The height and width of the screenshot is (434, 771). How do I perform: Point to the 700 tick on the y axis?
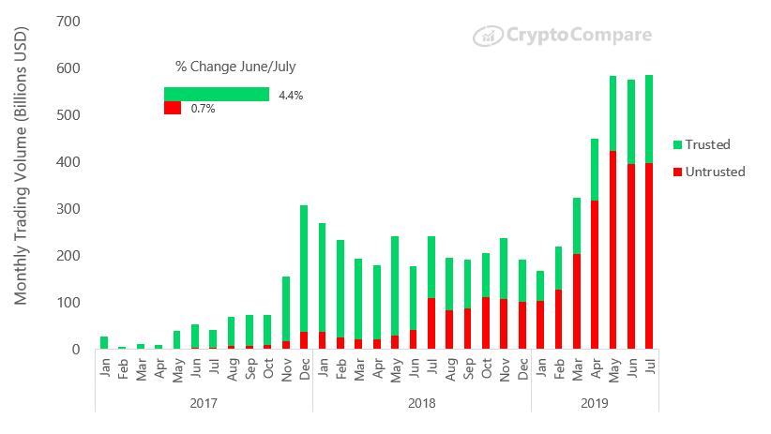pos(68,21)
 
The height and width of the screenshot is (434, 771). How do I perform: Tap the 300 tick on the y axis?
pos(68,208)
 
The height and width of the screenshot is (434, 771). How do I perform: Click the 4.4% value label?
pos(291,95)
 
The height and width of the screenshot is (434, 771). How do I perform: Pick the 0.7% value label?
pos(203,109)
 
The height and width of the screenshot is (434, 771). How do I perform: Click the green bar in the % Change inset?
pos(217,94)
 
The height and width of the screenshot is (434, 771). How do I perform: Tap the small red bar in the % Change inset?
pos(173,108)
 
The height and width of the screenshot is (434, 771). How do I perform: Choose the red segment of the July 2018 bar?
pos(431,323)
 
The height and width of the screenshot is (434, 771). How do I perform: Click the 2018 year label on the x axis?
pos(422,403)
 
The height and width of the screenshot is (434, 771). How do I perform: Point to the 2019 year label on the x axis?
pos(595,403)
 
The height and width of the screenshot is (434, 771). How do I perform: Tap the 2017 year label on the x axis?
pos(204,403)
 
